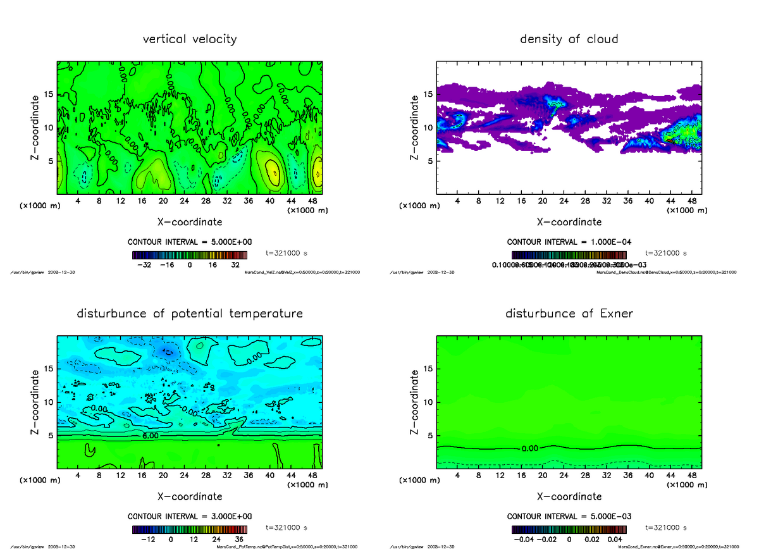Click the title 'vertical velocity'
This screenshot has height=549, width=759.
190,39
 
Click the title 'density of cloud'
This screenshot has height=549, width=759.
569,39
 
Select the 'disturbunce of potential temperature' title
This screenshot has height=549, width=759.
190,314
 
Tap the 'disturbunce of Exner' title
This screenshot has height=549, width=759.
569,314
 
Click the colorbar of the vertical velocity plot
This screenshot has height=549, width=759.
190,256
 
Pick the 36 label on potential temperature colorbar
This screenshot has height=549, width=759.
240,540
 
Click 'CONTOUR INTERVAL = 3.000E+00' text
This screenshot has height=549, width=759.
190,516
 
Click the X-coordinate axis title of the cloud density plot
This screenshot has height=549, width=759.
569,222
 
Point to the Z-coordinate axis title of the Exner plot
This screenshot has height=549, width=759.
414,402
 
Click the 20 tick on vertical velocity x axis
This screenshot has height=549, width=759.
163,201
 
